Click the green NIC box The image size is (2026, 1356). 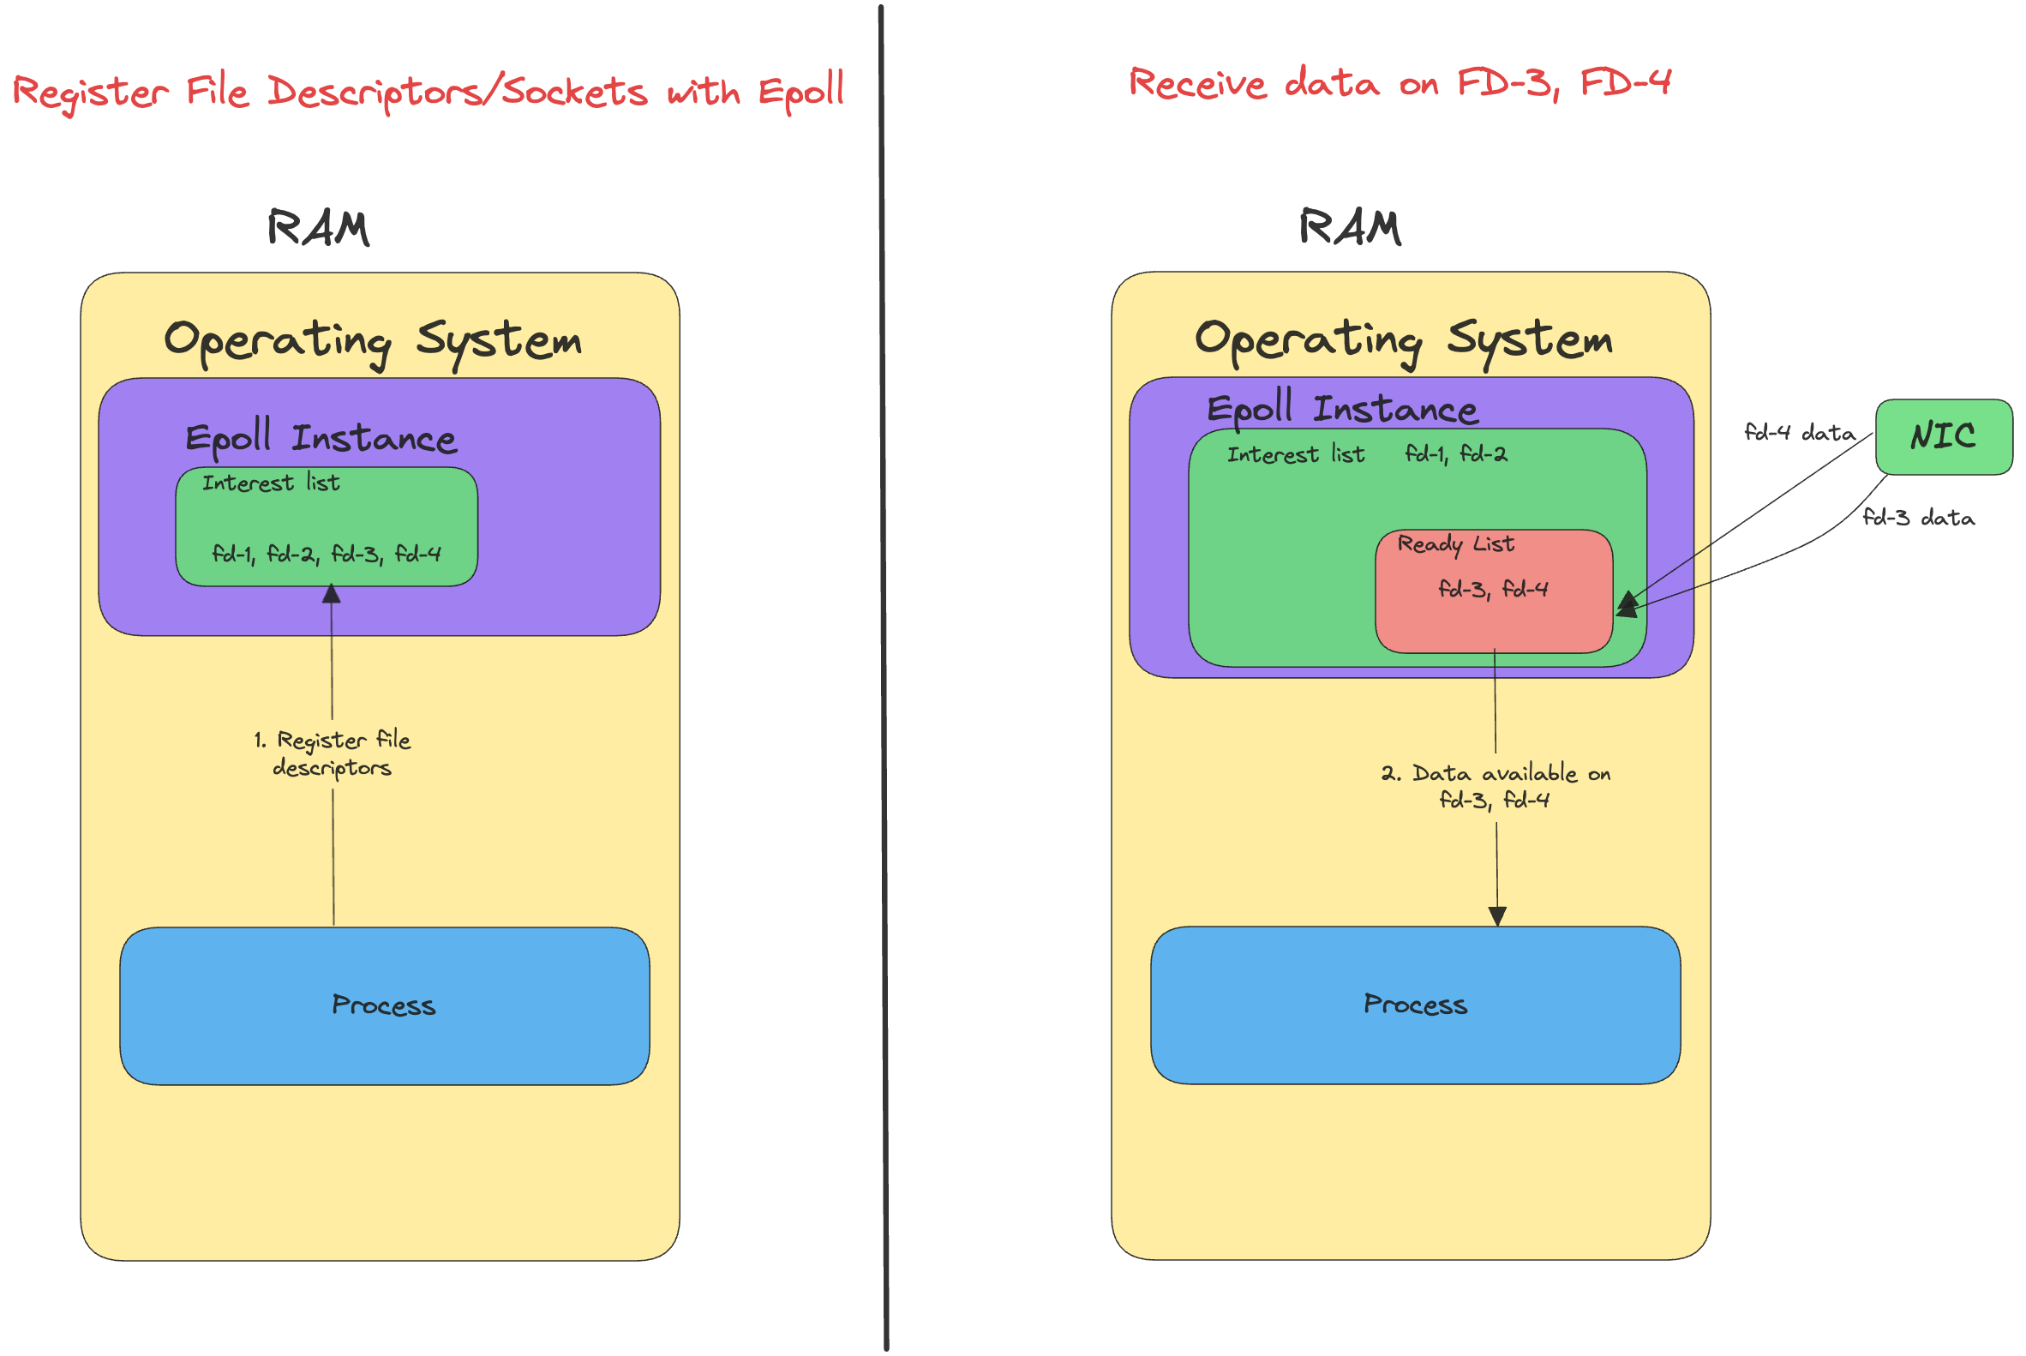1943,437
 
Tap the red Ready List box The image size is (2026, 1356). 1493,591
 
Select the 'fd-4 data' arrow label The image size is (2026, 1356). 1799,431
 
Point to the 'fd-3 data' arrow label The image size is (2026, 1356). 1918,517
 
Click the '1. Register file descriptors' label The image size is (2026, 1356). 332,753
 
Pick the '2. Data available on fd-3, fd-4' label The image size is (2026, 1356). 1495,786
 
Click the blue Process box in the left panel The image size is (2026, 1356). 385,1005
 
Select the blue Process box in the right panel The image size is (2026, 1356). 1416,1005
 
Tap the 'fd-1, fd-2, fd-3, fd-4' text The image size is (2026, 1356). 326,554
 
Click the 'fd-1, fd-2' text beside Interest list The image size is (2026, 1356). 1455,453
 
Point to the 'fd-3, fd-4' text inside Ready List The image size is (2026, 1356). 1493,589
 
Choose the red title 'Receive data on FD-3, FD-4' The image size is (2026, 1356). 1400,84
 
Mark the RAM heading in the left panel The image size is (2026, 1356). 318,228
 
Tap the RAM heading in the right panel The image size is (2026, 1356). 1350,227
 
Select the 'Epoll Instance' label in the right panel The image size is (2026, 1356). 1342,408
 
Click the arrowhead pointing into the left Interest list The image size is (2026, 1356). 331,593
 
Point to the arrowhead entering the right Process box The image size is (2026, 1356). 1498,916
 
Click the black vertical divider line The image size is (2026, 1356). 884,678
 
